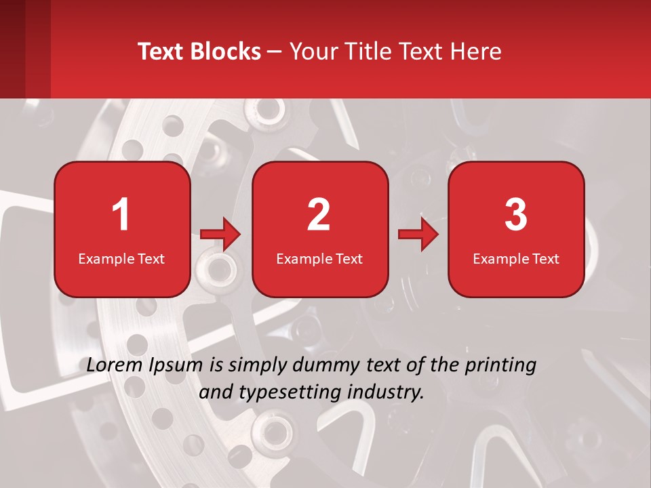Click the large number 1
point(121,215)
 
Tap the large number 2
point(319,215)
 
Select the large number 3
point(516,215)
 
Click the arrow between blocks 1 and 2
point(220,235)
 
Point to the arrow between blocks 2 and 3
point(418,235)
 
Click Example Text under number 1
point(121,259)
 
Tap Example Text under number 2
point(319,259)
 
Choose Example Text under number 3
point(516,259)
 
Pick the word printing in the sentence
point(502,366)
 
